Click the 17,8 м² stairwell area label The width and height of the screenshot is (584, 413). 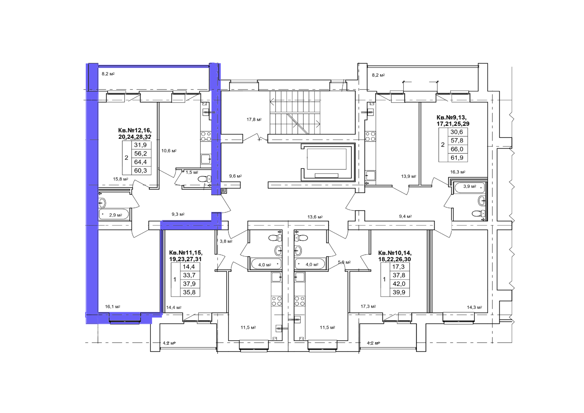(254, 119)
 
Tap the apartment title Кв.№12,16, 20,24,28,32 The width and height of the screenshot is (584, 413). (135, 133)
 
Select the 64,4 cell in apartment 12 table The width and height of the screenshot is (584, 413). (140, 162)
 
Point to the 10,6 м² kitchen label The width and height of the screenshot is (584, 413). (169, 151)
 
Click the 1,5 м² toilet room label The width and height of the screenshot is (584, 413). (192, 172)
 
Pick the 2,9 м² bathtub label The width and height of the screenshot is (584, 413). (115, 215)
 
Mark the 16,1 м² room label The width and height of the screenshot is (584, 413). (113, 306)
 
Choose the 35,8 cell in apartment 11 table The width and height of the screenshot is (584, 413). (189, 292)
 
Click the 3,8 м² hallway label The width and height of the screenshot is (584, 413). (226, 241)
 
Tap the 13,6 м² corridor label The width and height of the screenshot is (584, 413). (315, 217)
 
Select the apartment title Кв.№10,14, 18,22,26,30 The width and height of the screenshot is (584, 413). (395, 256)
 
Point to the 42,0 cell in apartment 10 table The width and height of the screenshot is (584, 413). (399, 284)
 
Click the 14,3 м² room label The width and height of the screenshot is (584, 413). (474, 307)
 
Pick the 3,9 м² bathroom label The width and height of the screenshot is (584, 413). (469, 186)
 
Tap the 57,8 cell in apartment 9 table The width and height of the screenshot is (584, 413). (457, 140)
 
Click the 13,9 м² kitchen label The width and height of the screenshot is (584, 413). (408, 176)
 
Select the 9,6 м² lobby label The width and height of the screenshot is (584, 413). (235, 176)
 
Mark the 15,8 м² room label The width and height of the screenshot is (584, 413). (120, 179)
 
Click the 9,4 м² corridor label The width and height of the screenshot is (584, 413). (406, 216)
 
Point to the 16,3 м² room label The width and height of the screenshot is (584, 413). (458, 172)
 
